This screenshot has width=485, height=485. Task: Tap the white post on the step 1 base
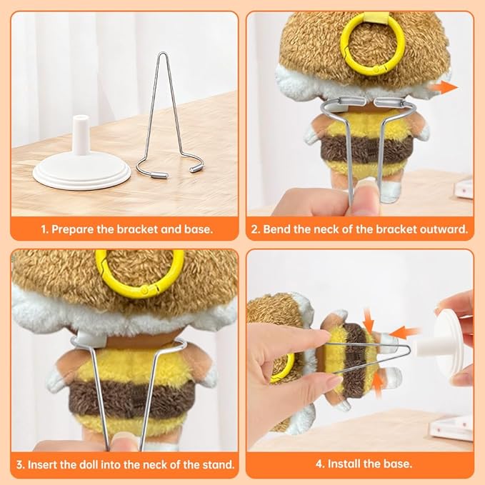80,134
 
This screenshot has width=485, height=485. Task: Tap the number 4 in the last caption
319,464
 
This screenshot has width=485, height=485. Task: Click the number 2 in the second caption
254,229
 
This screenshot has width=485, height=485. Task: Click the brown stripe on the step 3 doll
133,399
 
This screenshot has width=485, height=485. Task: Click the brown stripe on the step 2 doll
367,150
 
